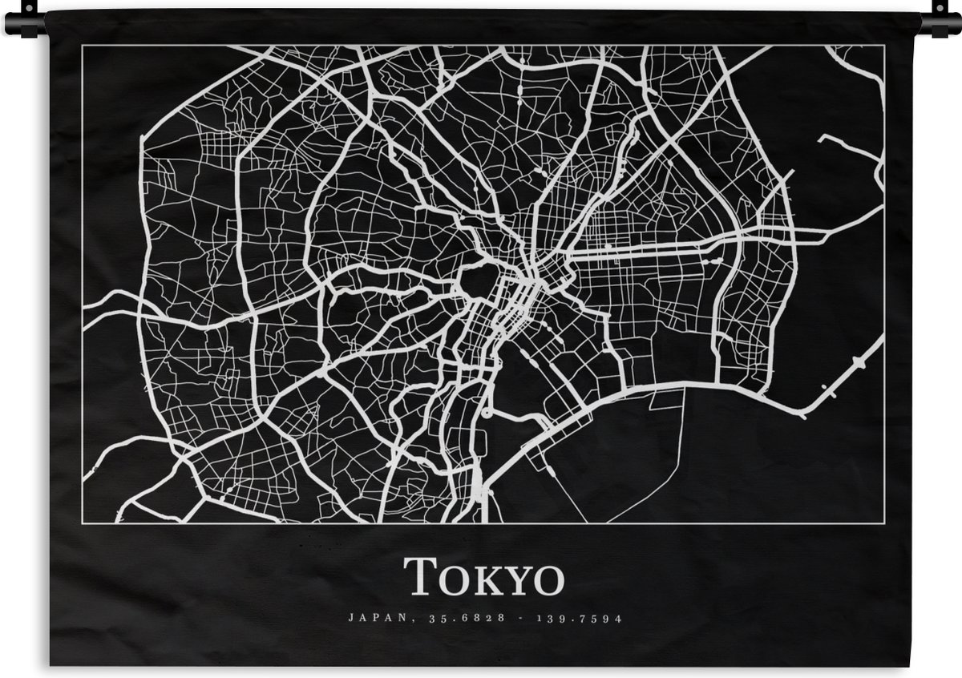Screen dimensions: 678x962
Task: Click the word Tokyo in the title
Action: click(x=483, y=577)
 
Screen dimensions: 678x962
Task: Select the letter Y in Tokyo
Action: click(x=516, y=580)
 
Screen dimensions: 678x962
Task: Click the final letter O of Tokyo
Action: click(x=549, y=581)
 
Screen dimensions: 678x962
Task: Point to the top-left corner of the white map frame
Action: click(x=83, y=46)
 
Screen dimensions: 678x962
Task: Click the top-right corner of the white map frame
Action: click(x=884, y=46)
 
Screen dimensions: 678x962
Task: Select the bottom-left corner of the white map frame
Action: click(x=83, y=523)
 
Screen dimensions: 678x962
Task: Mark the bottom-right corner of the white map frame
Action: click(x=884, y=523)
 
